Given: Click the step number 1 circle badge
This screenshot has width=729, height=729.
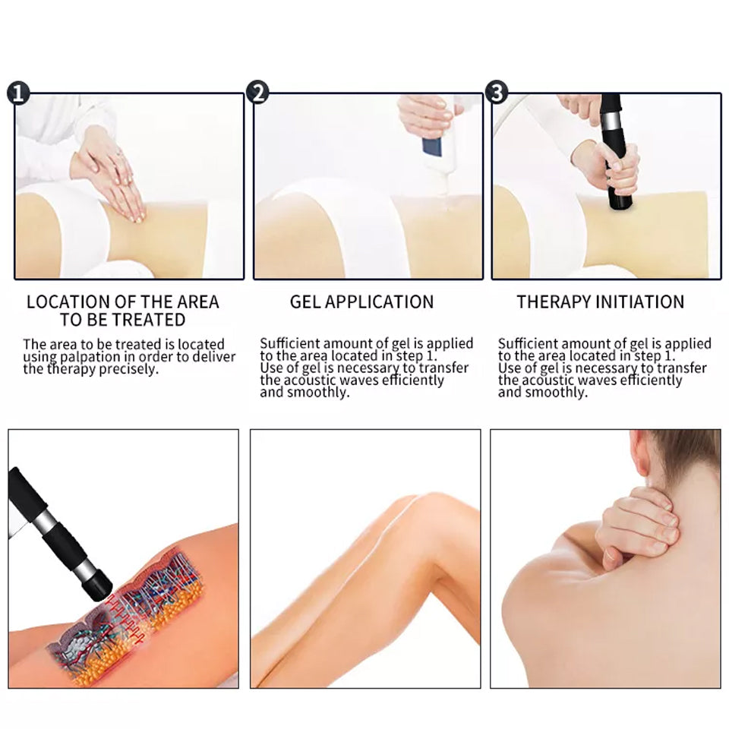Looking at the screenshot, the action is [x=18, y=93].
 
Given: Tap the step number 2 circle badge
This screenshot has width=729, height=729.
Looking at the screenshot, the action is [x=257, y=92].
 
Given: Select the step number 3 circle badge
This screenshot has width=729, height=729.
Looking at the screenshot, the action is [x=496, y=92].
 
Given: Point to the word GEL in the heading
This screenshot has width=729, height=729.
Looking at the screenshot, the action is [x=305, y=302].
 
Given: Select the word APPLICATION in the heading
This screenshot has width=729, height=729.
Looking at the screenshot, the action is [x=380, y=302].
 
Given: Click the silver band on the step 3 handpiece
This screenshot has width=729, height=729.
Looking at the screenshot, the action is [x=610, y=122].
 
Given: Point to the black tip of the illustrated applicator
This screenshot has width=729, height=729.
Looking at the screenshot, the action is [x=98, y=587].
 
